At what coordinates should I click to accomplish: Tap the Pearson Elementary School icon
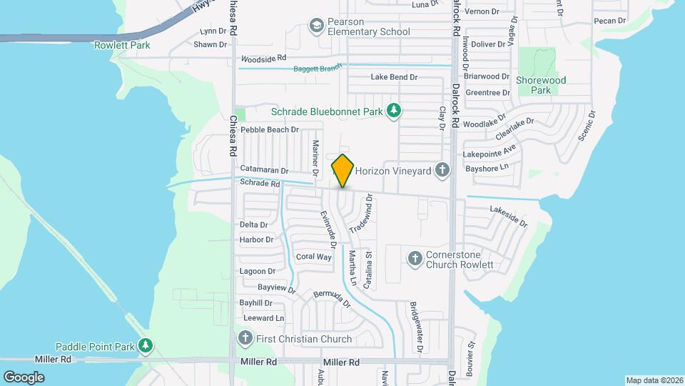click(315, 26)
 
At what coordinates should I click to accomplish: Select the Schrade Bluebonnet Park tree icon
click(392, 110)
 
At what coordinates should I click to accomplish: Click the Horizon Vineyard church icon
click(442, 170)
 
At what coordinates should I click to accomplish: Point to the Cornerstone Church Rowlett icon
click(415, 258)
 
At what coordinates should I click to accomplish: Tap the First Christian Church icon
click(245, 338)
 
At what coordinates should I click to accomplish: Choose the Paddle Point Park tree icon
click(146, 346)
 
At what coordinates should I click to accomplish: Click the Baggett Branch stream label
click(318, 68)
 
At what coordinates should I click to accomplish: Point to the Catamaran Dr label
click(264, 171)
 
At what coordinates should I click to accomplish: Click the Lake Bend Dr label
click(394, 77)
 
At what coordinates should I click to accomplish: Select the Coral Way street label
click(314, 257)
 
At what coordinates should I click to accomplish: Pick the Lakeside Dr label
click(508, 216)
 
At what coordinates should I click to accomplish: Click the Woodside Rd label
click(263, 58)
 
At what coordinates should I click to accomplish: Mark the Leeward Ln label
click(263, 317)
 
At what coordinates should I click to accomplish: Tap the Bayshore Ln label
click(486, 167)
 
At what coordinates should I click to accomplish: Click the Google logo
click(24, 377)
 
